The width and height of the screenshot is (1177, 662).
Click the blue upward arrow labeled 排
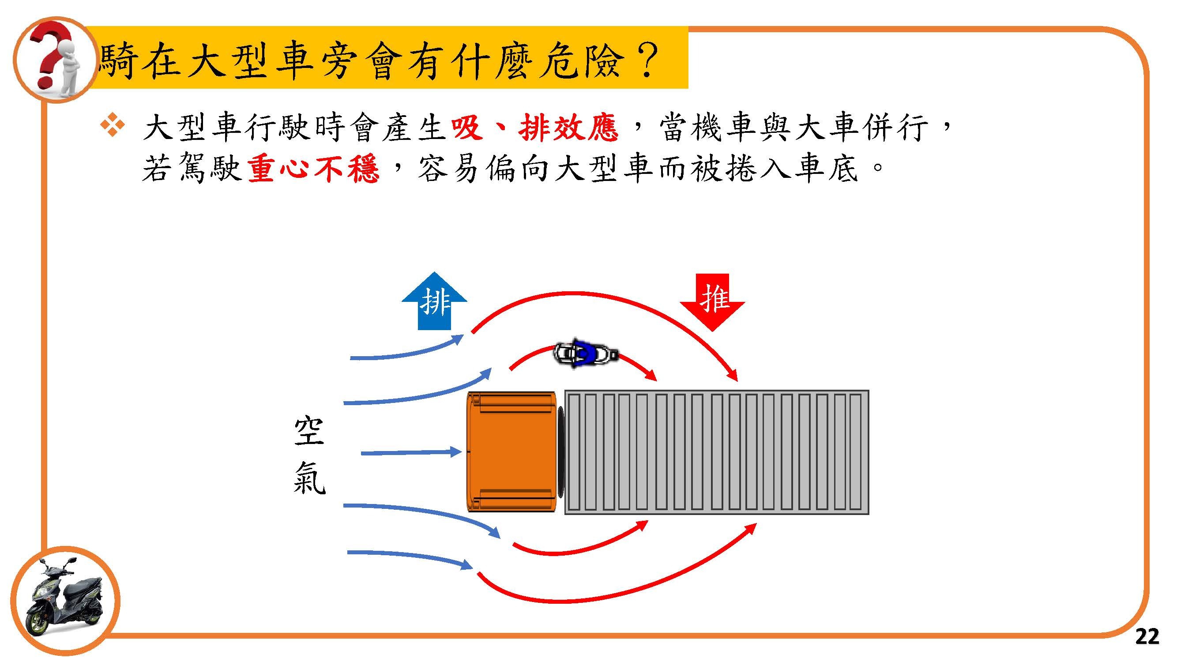coord(434,301)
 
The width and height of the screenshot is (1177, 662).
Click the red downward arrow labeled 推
coord(712,301)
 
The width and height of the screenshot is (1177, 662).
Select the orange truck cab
coord(511,452)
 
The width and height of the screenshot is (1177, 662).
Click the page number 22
coord(1147,636)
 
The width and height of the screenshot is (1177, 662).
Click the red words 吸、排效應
coord(534,128)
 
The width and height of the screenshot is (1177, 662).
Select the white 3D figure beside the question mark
coord(68,68)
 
